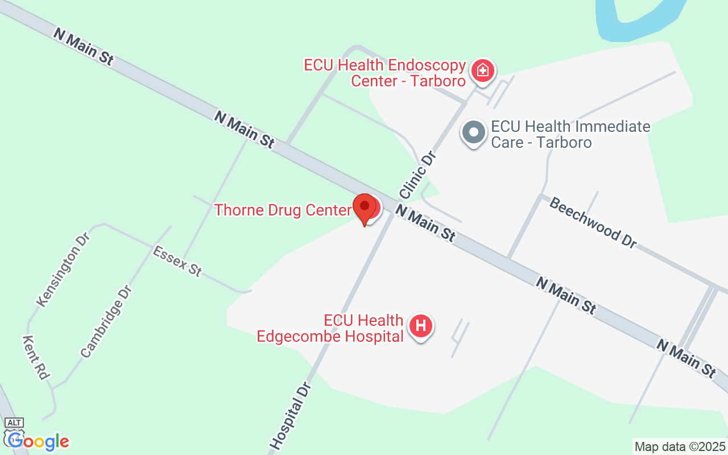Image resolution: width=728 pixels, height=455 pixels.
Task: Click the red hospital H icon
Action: (x=421, y=326)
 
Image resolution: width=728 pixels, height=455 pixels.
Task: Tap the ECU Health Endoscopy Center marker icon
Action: (x=482, y=71)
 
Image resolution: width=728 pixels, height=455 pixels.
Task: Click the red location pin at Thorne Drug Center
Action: (x=365, y=208)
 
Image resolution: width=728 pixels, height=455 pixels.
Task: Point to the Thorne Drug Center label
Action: (x=283, y=210)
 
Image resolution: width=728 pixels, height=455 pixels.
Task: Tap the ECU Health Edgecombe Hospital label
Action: (x=330, y=329)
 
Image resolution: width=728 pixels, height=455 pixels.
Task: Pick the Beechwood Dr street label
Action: (x=593, y=222)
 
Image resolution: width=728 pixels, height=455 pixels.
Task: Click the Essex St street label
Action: (x=177, y=261)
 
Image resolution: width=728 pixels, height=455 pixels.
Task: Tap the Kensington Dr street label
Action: (x=63, y=269)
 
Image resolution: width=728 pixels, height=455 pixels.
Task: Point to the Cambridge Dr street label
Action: (x=106, y=321)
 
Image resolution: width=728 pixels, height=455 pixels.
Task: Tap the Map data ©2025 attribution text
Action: (x=680, y=446)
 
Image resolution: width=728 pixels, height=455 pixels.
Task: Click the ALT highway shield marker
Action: (x=14, y=422)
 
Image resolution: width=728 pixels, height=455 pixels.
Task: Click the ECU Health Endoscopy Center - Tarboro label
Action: (x=385, y=73)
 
